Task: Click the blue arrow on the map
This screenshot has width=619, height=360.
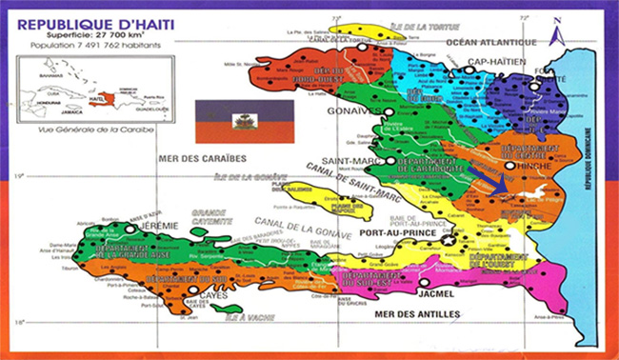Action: coord(488,182)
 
